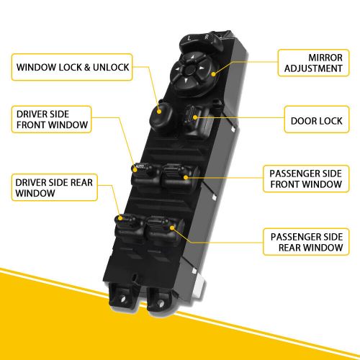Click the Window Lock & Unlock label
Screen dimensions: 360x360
[x=72, y=67]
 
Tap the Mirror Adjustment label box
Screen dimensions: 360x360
[x=313, y=63]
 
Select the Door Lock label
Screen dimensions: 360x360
[x=317, y=120]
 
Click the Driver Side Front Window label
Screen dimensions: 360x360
[x=52, y=120]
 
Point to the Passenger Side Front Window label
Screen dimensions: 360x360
[x=306, y=179]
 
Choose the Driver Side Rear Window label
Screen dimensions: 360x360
[x=55, y=187]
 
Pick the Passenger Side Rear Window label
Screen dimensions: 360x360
[x=306, y=242]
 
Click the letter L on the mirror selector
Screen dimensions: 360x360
[x=189, y=38]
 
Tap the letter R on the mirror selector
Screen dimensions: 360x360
[x=207, y=37]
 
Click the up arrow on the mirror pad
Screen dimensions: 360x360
[x=192, y=57]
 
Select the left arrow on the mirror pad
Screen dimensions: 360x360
[x=177, y=69]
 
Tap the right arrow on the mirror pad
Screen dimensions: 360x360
[x=202, y=68]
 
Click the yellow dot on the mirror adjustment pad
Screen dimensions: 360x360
[x=213, y=74]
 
